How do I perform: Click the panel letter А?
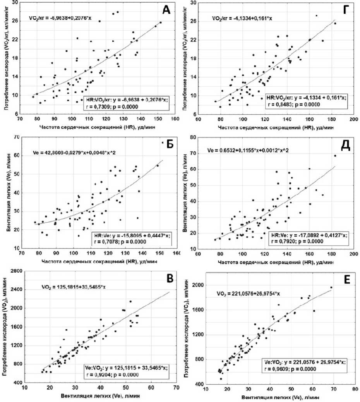[x=166, y=11]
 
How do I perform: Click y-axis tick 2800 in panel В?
[x=17, y=271]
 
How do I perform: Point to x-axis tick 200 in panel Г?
[x=353, y=118]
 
